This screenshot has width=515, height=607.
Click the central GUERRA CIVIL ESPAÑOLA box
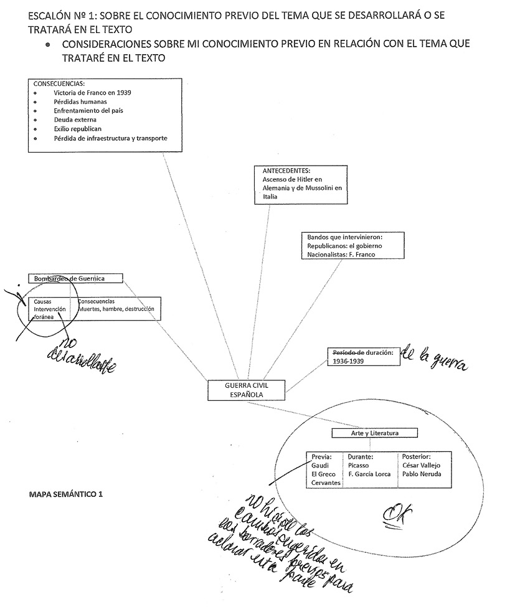[x=246, y=390]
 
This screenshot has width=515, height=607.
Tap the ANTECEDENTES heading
[x=287, y=171]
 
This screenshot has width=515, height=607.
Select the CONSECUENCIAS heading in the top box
[x=59, y=83]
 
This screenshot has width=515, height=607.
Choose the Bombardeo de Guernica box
[x=75, y=278]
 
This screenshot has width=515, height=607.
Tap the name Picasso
[x=359, y=465]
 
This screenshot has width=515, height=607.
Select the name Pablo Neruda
[x=422, y=474]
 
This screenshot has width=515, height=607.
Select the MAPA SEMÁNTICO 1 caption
[x=65, y=494]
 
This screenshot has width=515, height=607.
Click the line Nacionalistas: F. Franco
[x=342, y=255]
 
